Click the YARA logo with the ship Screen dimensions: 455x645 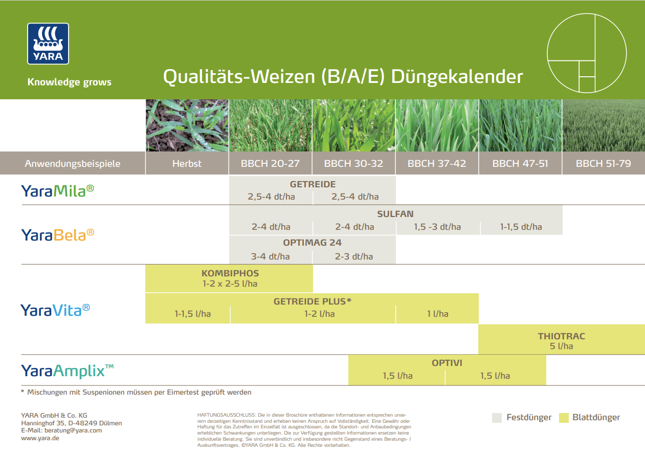[x=48, y=44]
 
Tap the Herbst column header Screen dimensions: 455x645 [x=187, y=164]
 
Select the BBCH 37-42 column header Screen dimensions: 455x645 [x=437, y=164]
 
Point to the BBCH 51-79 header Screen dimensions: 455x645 [x=603, y=164]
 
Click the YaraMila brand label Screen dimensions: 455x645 [x=57, y=191]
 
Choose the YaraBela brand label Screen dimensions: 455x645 [x=57, y=235]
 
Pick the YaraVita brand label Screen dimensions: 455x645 [x=55, y=310]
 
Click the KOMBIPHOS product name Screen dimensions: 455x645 [x=230, y=273]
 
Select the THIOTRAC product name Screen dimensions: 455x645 [x=561, y=336]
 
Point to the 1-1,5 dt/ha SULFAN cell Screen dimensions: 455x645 [x=521, y=227]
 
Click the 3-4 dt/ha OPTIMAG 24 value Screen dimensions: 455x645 [x=270, y=256]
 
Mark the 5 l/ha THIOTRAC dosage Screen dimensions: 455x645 [x=561, y=346]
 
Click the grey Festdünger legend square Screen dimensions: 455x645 [x=497, y=418]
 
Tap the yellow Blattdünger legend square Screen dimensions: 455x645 [x=564, y=418]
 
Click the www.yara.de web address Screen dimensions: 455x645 [x=40, y=438]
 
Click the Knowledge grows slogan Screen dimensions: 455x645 [x=69, y=82]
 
